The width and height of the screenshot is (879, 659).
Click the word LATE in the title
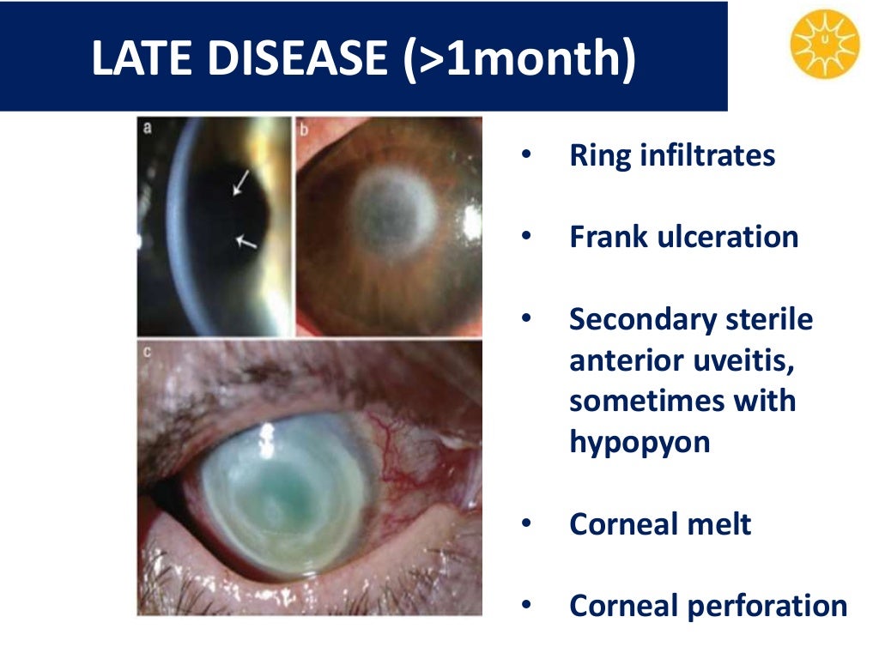142,58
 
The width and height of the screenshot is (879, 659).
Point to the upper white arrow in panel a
241,183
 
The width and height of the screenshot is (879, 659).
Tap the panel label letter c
147,350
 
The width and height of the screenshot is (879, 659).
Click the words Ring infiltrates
672,155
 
